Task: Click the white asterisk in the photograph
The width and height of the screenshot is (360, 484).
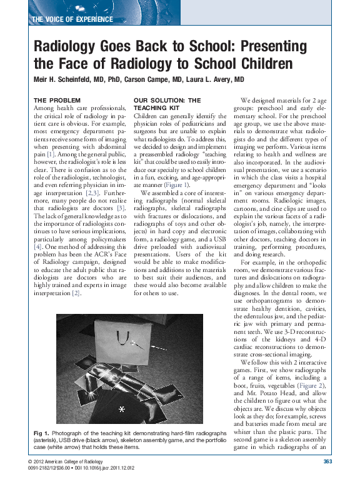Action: [x=122, y=408]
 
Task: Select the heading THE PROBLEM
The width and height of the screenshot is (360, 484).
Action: [x=57, y=100]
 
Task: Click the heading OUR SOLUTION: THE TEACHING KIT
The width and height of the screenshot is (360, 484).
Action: [x=167, y=104]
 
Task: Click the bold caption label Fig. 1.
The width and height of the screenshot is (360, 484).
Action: [x=41, y=433]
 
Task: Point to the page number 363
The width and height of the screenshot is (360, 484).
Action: [x=327, y=462]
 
